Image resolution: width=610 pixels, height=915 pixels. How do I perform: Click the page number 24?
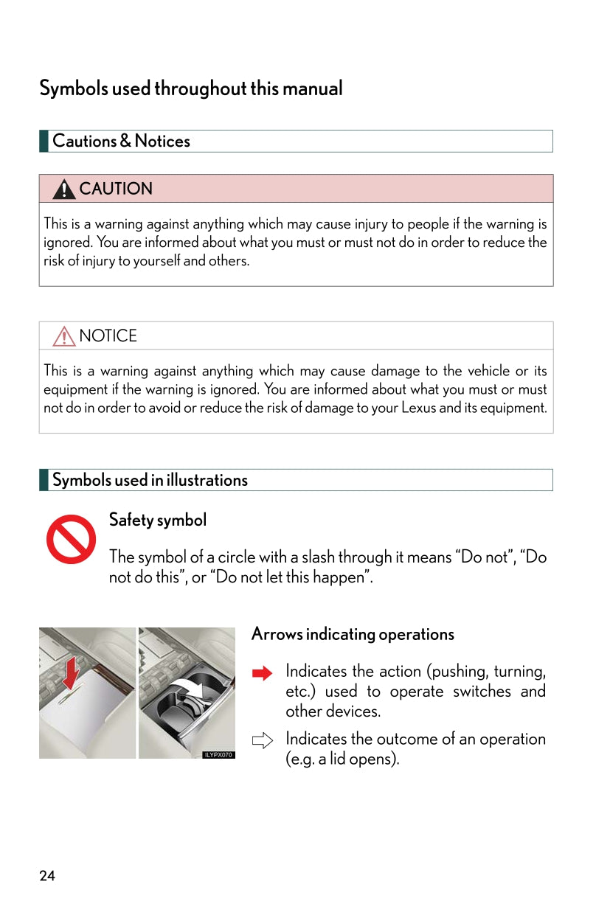pyautogui.click(x=47, y=876)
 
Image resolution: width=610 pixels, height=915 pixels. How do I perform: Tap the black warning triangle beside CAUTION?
pyautogui.click(x=64, y=189)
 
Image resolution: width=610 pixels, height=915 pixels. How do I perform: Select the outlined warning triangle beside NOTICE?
pyautogui.click(x=64, y=337)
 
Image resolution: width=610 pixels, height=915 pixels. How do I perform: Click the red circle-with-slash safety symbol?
pyautogui.click(x=71, y=539)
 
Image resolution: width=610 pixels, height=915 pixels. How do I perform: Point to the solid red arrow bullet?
pyautogui.click(x=262, y=672)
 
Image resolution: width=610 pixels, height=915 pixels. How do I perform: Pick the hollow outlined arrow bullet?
pyautogui.click(x=262, y=740)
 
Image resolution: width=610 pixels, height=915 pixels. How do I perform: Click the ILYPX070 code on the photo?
pyautogui.click(x=218, y=755)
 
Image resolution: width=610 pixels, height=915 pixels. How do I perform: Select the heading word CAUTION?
pyautogui.click(x=116, y=189)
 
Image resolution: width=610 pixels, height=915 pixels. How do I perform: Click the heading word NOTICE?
pyautogui.click(x=108, y=336)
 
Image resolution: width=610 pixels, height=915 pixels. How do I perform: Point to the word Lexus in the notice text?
pyautogui.click(x=418, y=408)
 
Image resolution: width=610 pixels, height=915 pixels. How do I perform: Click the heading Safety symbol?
pyautogui.click(x=158, y=520)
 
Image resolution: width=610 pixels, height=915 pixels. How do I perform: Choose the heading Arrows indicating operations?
pyautogui.click(x=353, y=634)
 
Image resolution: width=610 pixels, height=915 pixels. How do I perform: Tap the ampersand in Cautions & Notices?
pyautogui.click(x=125, y=141)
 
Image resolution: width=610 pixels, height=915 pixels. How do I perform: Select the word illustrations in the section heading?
pyautogui.click(x=207, y=480)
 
